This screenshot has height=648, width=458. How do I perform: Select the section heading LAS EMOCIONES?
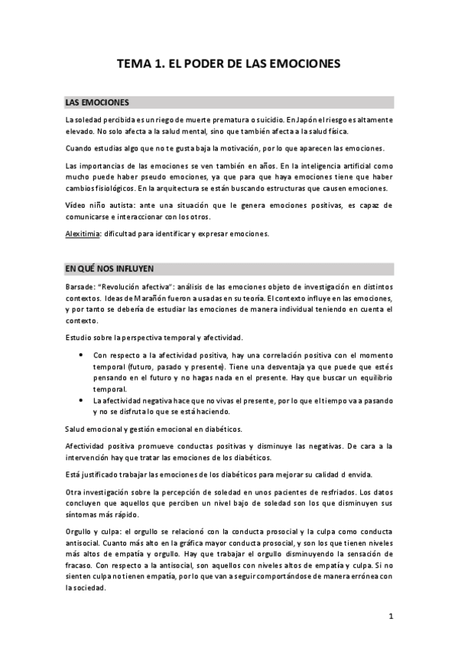[x=97, y=102]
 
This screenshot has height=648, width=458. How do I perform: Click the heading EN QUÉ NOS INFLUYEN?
[x=110, y=268]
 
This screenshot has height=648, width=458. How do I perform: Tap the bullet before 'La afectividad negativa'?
[x=81, y=400]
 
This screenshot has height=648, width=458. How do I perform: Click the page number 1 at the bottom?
[x=390, y=615]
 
